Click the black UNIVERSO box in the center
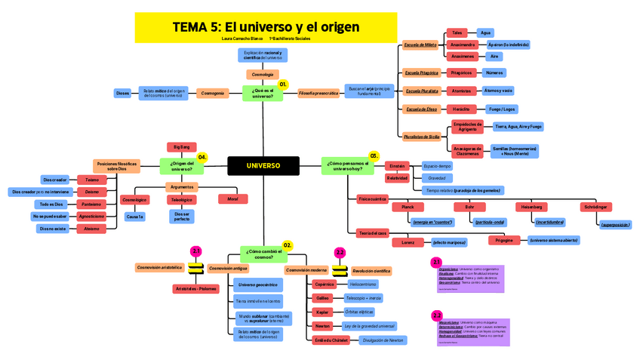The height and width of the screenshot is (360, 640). tap(263, 165)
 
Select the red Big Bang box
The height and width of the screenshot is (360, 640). tap(182, 146)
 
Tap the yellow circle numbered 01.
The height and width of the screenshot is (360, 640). tap(283, 85)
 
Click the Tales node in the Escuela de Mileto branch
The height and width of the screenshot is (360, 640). tap(457, 33)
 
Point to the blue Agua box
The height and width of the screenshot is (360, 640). tap(486, 33)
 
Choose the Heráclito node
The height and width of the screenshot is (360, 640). tap(461, 109)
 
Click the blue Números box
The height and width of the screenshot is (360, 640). tap(494, 72)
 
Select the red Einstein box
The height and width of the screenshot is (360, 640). tap(397, 165)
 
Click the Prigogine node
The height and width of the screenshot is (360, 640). tap(504, 240)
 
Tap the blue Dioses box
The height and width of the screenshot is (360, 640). tap(122, 93)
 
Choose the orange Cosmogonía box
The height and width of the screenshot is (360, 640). tap(211, 93)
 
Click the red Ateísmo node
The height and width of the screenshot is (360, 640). tap(91, 228)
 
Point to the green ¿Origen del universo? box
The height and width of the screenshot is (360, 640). tap(182, 165)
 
